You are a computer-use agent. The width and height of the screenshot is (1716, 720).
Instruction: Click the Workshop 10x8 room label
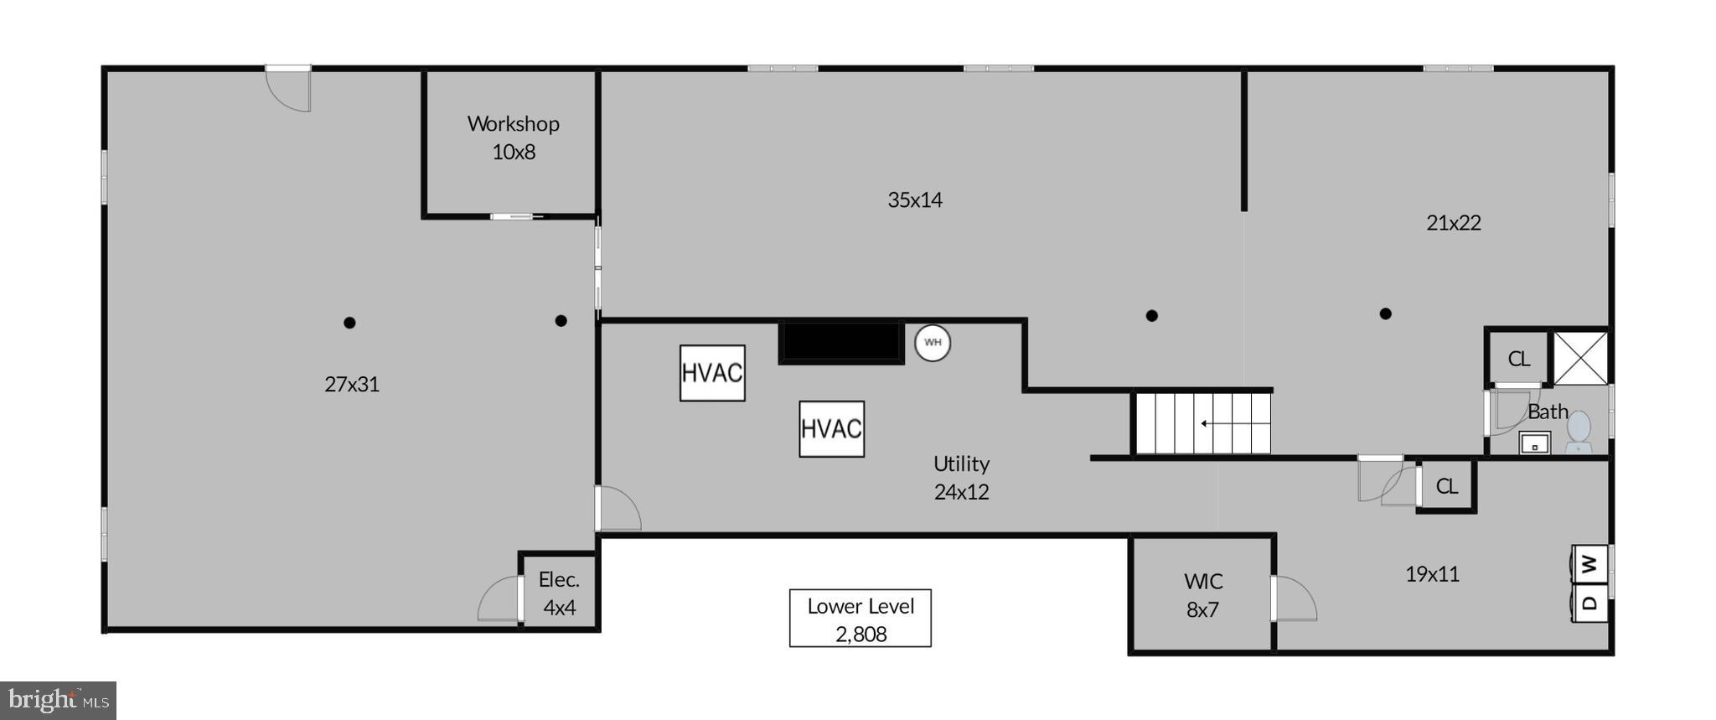point(513,137)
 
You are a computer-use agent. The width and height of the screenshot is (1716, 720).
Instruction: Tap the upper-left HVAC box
point(712,373)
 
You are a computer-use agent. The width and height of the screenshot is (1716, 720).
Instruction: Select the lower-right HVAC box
point(831,429)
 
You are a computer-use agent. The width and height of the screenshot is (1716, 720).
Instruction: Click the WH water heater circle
point(933,343)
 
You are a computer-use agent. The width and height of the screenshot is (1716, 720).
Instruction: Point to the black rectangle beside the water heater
point(841,343)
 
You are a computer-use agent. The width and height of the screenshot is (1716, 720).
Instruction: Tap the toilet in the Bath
point(1579,431)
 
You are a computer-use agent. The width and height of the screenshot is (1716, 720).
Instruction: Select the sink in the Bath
point(1535,443)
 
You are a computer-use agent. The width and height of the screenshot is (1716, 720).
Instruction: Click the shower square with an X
point(1581,359)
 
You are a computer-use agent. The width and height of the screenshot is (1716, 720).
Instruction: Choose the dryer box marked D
point(1589,603)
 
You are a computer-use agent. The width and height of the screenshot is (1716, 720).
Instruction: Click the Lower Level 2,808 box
point(860,619)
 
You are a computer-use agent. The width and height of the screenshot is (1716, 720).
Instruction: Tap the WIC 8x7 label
point(1202,595)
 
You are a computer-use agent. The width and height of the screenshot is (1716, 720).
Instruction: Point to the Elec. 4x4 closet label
point(559,593)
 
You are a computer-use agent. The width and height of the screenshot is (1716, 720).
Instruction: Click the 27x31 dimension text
point(352,385)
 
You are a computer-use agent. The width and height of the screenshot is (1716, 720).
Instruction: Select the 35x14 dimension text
point(915,200)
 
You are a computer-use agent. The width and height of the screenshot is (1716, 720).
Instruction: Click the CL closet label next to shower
point(1518,360)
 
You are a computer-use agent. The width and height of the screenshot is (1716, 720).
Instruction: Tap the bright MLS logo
point(58,700)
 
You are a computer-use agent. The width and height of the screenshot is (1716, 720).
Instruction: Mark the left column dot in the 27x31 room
point(349,323)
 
